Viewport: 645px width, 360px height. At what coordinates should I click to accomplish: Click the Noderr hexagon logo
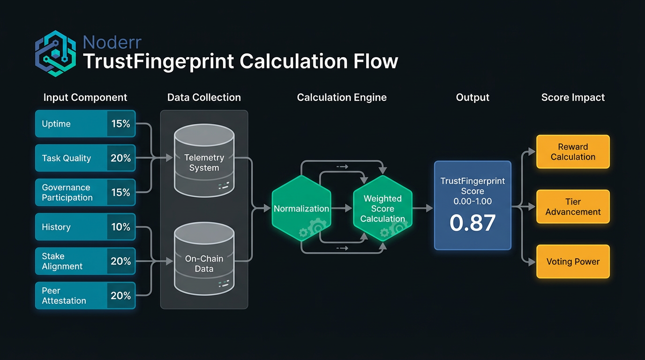[55, 53]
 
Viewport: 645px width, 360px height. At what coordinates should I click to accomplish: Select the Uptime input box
[85, 124]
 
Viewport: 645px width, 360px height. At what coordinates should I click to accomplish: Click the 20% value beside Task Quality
[120, 158]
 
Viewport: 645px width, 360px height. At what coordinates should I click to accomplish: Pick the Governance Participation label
[67, 192]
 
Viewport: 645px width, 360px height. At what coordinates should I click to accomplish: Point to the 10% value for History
[120, 227]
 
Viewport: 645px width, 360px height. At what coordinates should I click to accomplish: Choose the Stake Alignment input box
[85, 261]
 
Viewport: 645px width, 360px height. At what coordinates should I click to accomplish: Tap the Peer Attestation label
[64, 295]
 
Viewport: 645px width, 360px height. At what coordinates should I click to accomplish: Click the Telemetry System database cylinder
[204, 162]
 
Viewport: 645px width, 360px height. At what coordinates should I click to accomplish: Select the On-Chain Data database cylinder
[204, 262]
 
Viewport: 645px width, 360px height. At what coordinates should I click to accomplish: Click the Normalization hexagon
[301, 209]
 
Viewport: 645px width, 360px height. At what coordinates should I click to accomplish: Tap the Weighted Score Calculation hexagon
[382, 209]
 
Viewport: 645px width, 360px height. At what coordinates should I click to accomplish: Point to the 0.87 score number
[472, 223]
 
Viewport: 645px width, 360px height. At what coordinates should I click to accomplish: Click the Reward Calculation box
[573, 152]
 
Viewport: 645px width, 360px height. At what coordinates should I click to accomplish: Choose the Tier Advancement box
[573, 207]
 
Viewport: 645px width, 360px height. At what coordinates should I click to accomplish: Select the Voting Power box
[573, 262]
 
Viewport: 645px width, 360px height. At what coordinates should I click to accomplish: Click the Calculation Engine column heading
[342, 97]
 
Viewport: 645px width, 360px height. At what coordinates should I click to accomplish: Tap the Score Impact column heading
[573, 97]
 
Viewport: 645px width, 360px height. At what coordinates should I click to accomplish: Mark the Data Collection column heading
[204, 97]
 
